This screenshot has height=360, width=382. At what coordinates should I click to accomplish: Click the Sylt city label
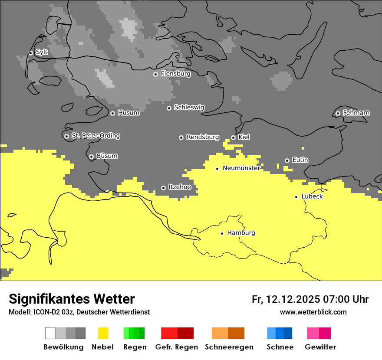coord(42,52)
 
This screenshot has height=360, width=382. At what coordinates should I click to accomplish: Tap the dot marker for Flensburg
coord(155,74)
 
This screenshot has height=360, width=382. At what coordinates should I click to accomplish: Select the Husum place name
coord(128,113)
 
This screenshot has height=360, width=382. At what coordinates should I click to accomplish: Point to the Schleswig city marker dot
coord(169,108)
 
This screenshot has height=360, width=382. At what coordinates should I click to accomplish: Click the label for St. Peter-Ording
coord(95,136)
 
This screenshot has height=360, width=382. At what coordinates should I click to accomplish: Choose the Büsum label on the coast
coord(107,156)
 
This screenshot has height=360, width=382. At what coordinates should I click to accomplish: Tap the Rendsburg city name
coord(202,137)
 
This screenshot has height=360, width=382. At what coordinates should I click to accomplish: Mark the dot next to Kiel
coord(233,137)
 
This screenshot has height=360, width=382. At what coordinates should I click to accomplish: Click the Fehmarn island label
coord(356,113)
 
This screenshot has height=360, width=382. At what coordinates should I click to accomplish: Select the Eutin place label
coord(300,160)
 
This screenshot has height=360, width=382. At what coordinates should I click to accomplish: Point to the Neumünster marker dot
coord(217,169)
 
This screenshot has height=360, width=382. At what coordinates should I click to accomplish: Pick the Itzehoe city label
coord(180,187)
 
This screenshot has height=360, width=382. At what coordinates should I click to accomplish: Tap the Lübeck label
coord(312,196)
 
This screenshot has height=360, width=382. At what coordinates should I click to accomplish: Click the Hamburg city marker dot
coord(222,233)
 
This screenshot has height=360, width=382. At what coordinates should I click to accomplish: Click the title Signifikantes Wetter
coord(72,299)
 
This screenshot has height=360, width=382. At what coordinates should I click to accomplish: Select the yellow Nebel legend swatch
coord(103,333)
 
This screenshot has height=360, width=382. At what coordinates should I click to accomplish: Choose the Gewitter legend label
coord(320,347)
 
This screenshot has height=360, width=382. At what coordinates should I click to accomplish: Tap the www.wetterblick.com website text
coord(313,312)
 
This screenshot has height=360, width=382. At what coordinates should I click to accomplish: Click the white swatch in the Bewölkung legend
coord(50,333)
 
